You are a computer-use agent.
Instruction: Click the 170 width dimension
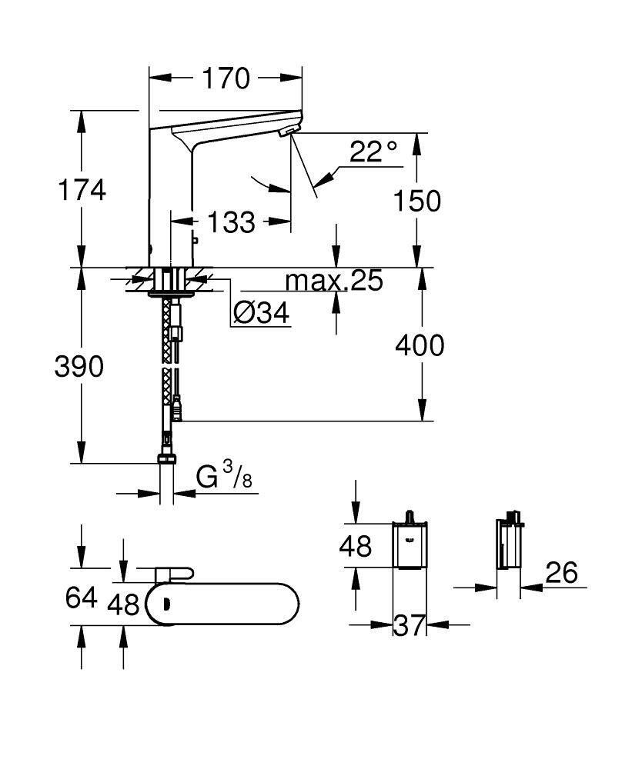[226, 78]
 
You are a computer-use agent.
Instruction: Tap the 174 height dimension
[82, 190]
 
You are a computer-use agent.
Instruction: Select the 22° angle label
[373, 151]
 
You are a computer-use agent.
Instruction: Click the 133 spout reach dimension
[231, 222]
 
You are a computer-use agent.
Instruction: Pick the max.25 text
[334, 281]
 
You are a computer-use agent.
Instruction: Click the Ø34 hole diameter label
[261, 312]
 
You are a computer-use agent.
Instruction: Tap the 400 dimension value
[420, 345]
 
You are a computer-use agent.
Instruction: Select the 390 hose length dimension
[79, 366]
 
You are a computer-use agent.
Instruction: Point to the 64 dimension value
[82, 598]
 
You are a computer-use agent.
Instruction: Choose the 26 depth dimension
[561, 572]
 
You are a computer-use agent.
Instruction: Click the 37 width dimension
[409, 625]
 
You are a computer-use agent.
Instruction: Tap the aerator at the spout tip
[289, 131]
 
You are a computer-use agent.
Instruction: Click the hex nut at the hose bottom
[167, 459]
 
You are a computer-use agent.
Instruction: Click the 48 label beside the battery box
[356, 546]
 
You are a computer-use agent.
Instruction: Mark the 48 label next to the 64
[123, 604]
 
